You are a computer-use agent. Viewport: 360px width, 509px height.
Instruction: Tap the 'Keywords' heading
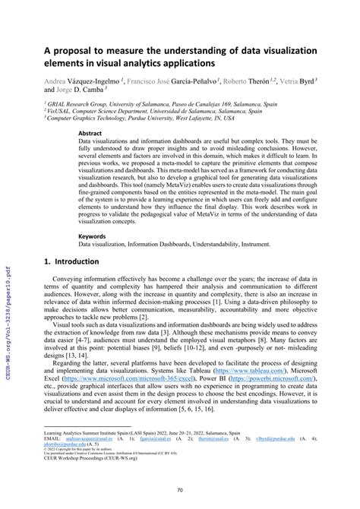click(93, 236)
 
